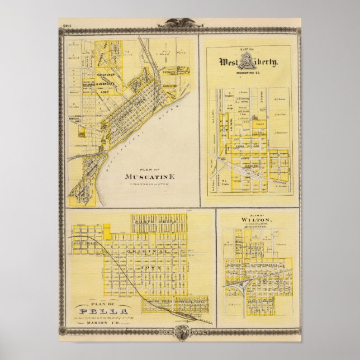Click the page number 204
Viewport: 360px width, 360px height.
(68, 26)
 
